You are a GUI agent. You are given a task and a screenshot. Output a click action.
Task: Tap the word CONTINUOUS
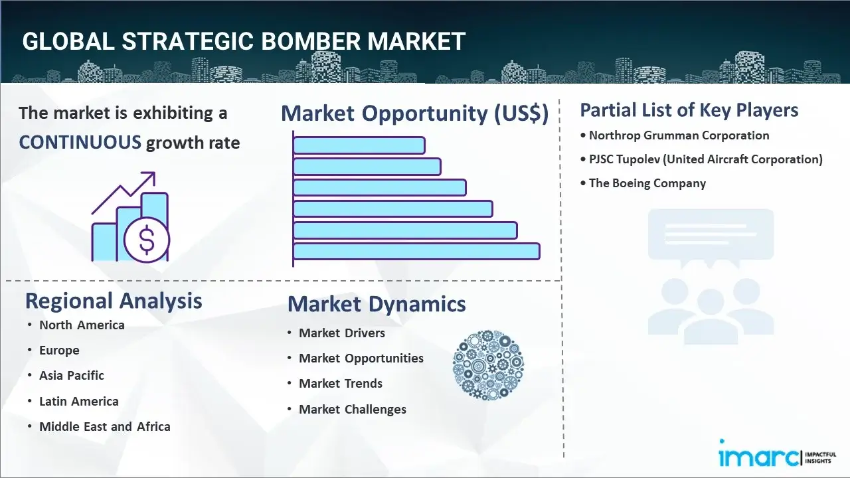(80, 142)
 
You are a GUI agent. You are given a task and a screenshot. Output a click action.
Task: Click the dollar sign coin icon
(147, 240)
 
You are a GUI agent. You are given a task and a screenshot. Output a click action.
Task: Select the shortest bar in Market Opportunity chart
(359, 145)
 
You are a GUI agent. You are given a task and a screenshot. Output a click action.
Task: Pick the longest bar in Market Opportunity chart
(416, 251)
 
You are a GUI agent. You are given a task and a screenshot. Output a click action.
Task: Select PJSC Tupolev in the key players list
(624, 159)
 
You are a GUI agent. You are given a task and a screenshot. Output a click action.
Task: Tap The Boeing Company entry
(647, 183)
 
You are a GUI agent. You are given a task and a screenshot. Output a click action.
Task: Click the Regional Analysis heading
(114, 301)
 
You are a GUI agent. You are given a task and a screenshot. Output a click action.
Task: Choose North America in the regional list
(82, 325)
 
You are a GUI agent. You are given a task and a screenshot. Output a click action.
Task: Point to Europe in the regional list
(59, 350)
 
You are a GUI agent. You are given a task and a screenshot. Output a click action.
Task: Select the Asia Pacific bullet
(72, 376)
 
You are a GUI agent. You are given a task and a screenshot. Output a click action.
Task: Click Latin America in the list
(79, 401)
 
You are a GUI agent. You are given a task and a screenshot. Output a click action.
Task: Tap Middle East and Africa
(105, 426)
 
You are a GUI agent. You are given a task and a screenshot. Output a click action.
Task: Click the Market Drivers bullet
(342, 333)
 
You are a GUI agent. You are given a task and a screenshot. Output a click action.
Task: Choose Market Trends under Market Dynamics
(341, 384)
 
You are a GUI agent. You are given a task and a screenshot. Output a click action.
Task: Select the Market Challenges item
(353, 410)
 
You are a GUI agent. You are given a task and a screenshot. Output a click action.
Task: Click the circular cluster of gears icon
(488, 365)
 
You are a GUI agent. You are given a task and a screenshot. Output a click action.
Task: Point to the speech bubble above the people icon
(711, 237)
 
